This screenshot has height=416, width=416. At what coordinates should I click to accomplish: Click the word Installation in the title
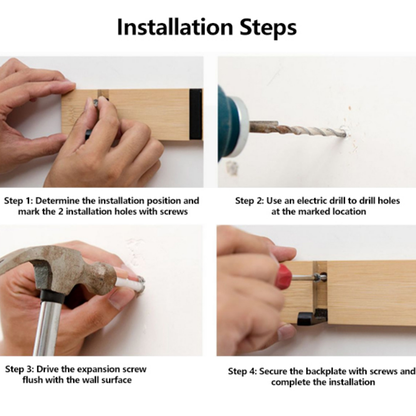coord(175,27)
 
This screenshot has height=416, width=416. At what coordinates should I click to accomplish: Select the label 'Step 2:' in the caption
coord(250,201)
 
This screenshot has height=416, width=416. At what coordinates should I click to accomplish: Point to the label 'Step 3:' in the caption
coord(20,369)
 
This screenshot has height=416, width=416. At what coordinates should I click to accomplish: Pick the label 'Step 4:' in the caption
coord(243,371)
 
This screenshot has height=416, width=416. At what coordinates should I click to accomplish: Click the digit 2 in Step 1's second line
coord(61,212)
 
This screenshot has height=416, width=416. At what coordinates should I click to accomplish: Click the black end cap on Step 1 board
coord(196,114)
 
